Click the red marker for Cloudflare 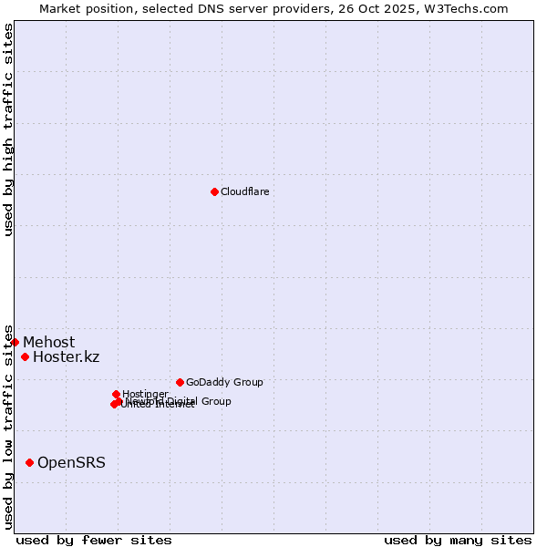click(x=214, y=191)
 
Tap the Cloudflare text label click(x=244, y=191)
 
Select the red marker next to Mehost click(x=15, y=342)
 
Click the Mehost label click(x=48, y=343)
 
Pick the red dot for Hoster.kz click(x=25, y=356)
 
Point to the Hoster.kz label click(x=66, y=356)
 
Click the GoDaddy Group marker click(x=180, y=382)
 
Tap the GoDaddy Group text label click(x=224, y=382)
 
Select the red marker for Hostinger click(x=116, y=394)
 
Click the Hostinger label click(x=145, y=394)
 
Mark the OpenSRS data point click(x=29, y=463)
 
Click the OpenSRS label click(x=71, y=463)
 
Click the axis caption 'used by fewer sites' click(x=94, y=540)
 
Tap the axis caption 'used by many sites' click(x=458, y=540)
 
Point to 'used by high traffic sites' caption click(x=9, y=129)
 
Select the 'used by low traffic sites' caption click(x=9, y=426)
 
